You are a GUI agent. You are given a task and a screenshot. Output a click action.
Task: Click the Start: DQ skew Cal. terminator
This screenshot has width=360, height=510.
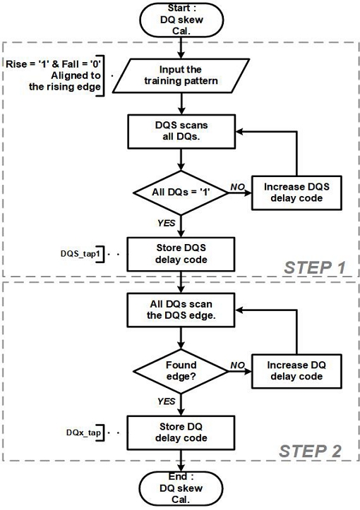click(181, 18)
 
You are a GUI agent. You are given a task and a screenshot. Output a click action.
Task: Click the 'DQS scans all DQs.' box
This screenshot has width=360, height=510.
click(181, 130)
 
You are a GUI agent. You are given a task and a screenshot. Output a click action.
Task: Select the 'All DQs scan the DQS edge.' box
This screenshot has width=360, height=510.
click(181, 310)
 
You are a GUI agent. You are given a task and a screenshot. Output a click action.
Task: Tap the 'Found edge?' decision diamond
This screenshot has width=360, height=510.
click(181, 371)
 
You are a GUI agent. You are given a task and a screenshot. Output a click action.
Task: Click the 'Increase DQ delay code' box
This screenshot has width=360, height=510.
click(295, 371)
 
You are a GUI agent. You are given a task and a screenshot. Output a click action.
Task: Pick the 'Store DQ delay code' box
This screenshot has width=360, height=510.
click(181, 432)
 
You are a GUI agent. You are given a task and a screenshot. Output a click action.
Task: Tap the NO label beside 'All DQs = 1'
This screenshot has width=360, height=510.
click(236, 185)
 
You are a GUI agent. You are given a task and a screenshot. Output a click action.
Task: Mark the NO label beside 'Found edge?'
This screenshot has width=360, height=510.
click(236, 363)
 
